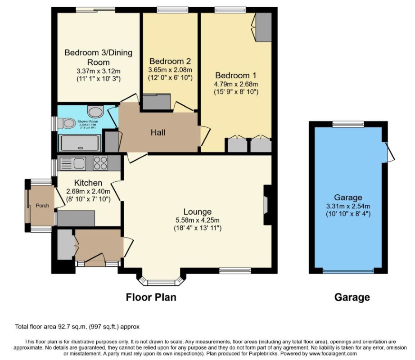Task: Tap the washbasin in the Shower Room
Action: pyautogui.click(x=95, y=112)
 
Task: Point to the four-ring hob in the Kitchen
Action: pyautogui.click(x=100, y=163)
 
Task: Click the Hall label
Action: pyautogui.click(x=158, y=132)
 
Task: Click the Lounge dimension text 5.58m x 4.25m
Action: pyautogui.click(x=198, y=220)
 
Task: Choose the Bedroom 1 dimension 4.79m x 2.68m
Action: pyautogui.click(x=236, y=84)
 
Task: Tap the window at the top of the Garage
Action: pyautogui.click(x=348, y=124)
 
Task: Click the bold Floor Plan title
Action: pyautogui.click(x=151, y=297)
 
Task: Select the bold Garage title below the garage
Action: pyautogui.click(x=352, y=297)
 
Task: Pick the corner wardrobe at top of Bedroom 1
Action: pyautogui.click(x=263, y=27)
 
